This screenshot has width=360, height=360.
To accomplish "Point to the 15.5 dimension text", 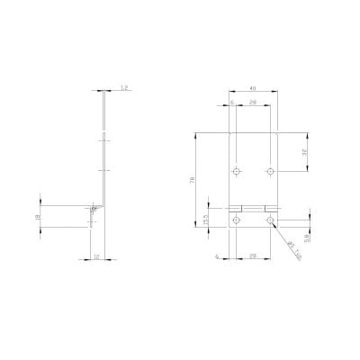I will pyautogui.click(x=206, y=218).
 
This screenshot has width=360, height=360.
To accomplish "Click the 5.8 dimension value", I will pyautogui.click(x=306, y=238).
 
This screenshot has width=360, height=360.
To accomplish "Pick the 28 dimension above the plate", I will pyautogui.click(x=253, y=102).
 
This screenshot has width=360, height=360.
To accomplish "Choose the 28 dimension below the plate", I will pyautogui.click(x=253, y=256).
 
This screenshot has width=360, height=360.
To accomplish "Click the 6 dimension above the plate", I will pyautogui.click(x=231, y=102).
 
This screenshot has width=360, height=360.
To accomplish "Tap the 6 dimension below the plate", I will pyautogui.click(x=218, y=256).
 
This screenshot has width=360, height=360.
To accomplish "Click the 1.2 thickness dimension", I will pyautogui.click(x=123, y=87).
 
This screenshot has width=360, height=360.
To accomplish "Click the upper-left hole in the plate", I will pyautogui.click(x=236, y=170).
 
